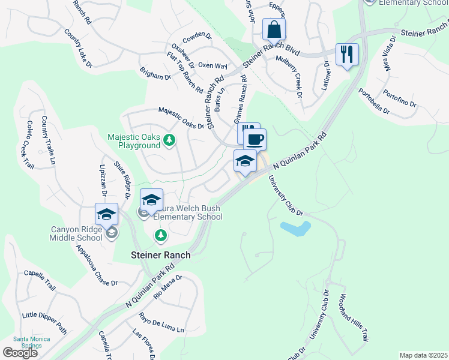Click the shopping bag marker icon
[274, 29]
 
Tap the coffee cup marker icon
[255, 140]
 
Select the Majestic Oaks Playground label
[134, 141]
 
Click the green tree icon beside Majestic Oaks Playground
[170, 140]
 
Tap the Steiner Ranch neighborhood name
[161, 255]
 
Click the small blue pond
[295, 228]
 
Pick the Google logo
[20, 353]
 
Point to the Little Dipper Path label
[45, 322]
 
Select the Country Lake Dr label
[79, 48]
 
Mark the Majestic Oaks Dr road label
[181, 118]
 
